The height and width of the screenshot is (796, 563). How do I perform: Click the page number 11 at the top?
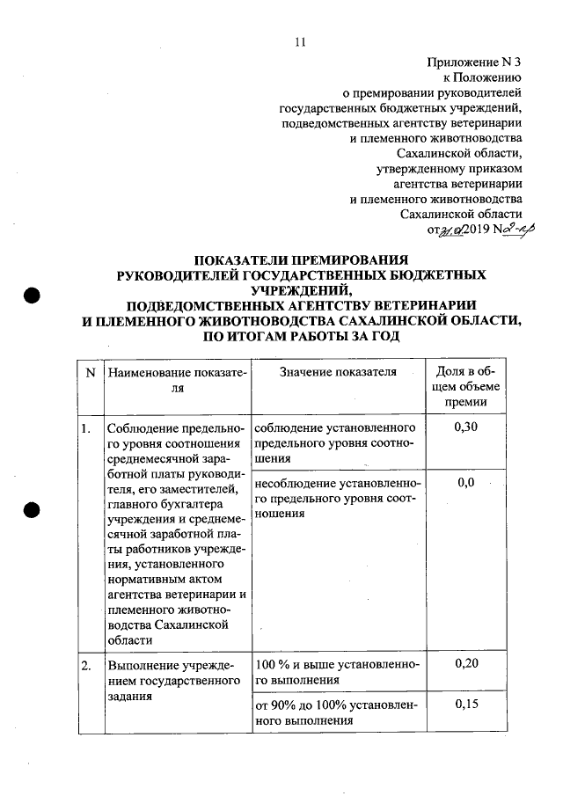click(300, 41)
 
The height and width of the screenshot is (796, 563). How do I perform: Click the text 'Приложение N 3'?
click(474, 62)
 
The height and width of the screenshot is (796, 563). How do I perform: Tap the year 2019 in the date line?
click(467, 230)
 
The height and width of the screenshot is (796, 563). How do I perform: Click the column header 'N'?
click(91, 372)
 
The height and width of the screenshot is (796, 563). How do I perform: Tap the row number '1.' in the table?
click(86, 428)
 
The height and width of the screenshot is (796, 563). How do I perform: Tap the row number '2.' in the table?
click(86, 665)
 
